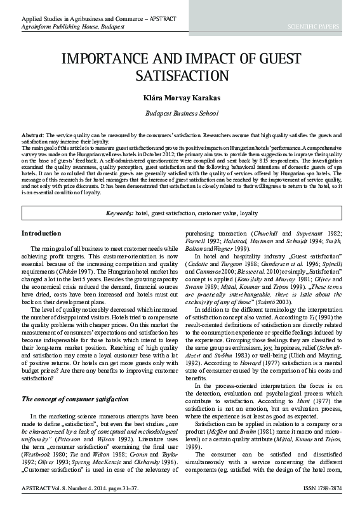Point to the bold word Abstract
(31, 136)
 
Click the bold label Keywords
(119, 213)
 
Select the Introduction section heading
(41, 233)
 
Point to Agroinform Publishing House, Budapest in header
(65, 27)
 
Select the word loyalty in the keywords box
(248, 213)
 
